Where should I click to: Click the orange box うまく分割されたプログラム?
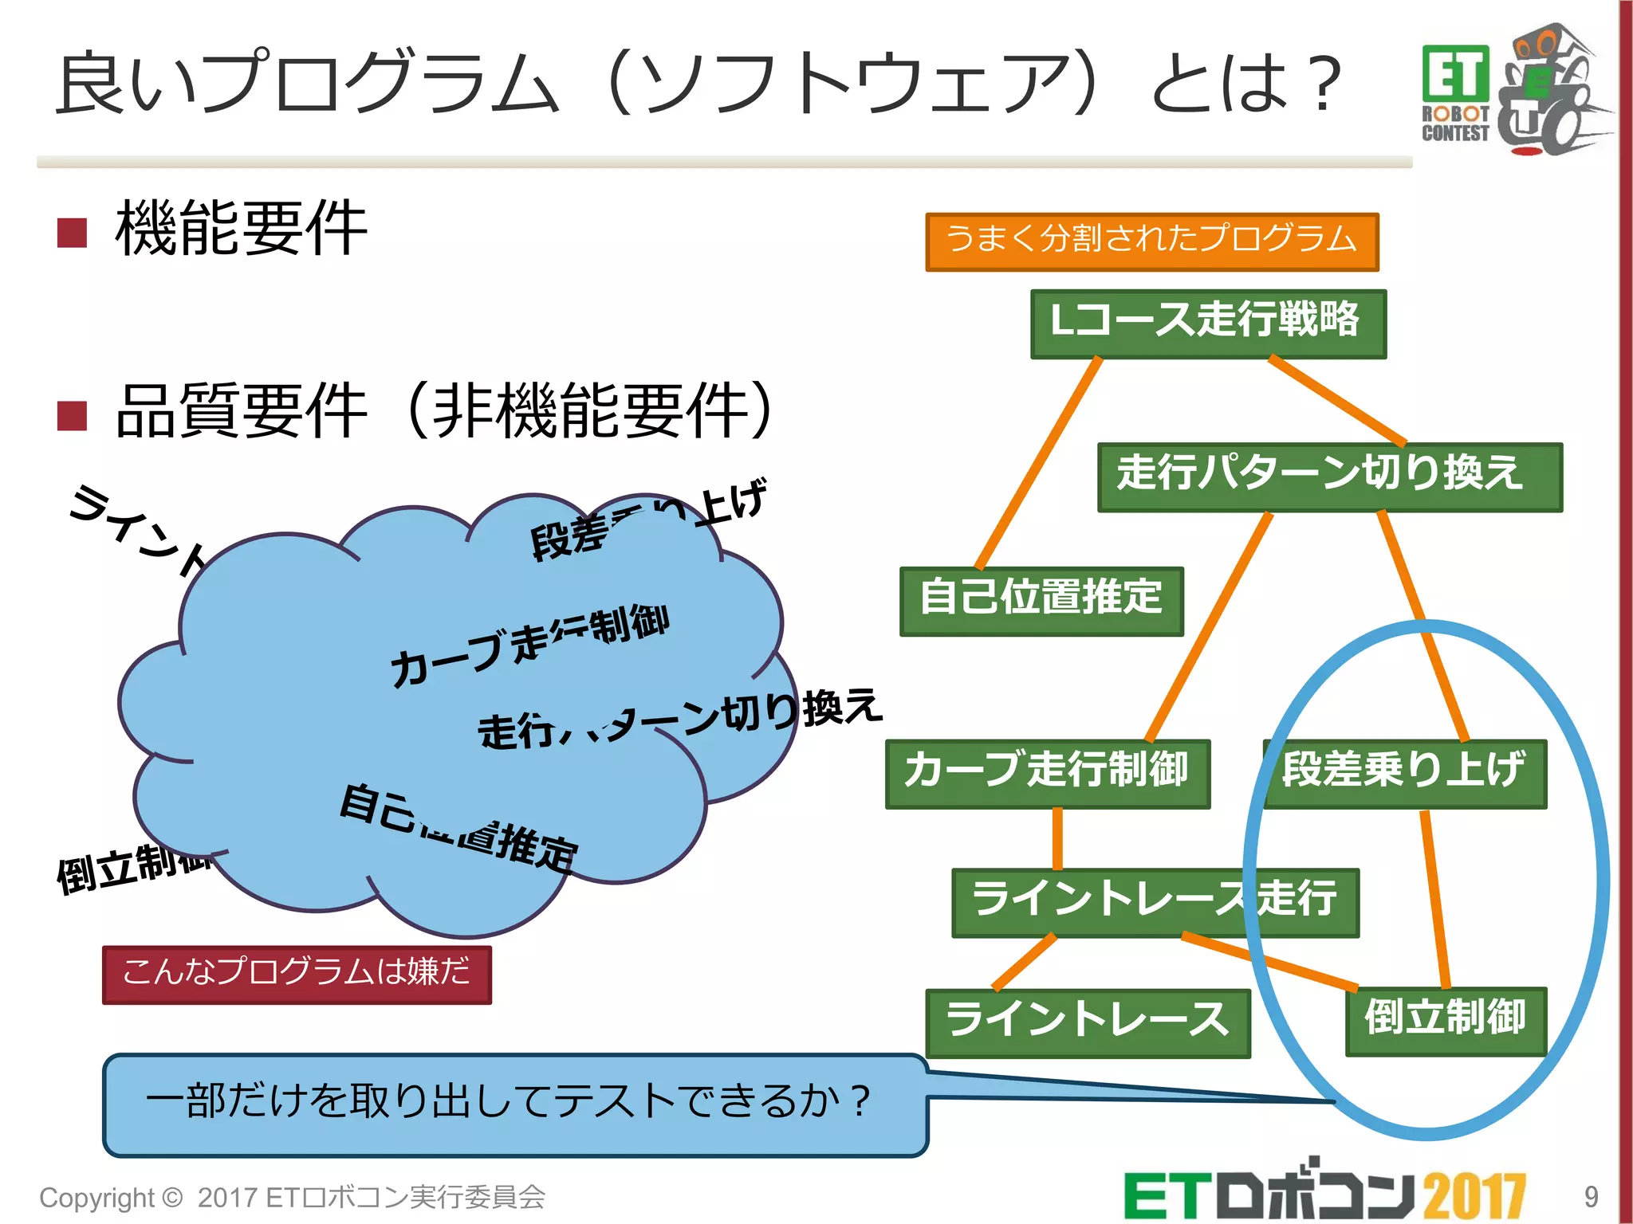[1151, 241]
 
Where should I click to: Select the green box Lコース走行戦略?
[1207, 323]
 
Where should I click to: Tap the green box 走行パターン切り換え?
[1329, 477]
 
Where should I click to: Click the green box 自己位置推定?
[1041, 601]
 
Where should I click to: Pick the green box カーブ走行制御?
[1047, 773]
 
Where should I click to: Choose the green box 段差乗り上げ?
[1404, 773]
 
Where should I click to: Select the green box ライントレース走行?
[1155, 902]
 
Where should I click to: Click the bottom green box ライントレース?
[1087, 1022]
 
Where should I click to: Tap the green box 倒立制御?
[1445, 1021]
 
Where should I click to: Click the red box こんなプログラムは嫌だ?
[297, 974]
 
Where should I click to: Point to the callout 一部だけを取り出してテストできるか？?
[514, 1104]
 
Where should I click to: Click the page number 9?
[1590, 1196]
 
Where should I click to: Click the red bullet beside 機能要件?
[73, 233]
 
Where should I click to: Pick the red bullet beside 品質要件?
[73, 415]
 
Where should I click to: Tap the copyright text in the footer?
[292, 1197]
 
